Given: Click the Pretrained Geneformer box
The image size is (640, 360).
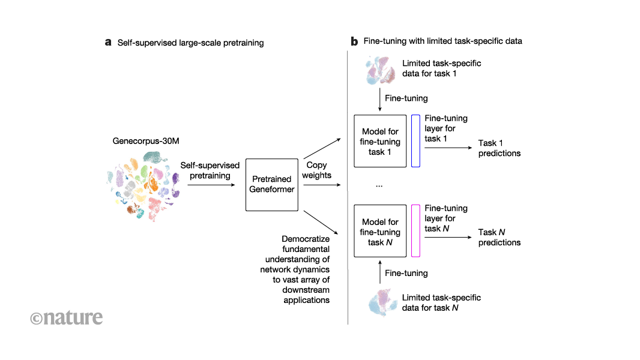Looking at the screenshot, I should coord(272,185).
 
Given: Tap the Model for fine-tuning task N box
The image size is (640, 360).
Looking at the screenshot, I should coord(380,231).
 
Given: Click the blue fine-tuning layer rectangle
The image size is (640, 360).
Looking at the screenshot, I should coord(415,140).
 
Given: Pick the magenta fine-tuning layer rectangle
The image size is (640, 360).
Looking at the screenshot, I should coord(415,231).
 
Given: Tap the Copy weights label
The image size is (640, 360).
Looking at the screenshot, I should coord(316,169).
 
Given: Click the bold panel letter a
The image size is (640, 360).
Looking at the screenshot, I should coord(108,43).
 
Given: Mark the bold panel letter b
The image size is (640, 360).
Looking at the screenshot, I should coord(354,42).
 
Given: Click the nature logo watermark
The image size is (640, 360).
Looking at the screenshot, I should coord(66,317).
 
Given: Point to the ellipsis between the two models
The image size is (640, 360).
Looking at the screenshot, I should coord(379,186).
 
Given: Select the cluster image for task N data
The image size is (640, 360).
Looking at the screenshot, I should coord(380,302).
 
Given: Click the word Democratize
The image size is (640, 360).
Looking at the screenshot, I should coord(306,239).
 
